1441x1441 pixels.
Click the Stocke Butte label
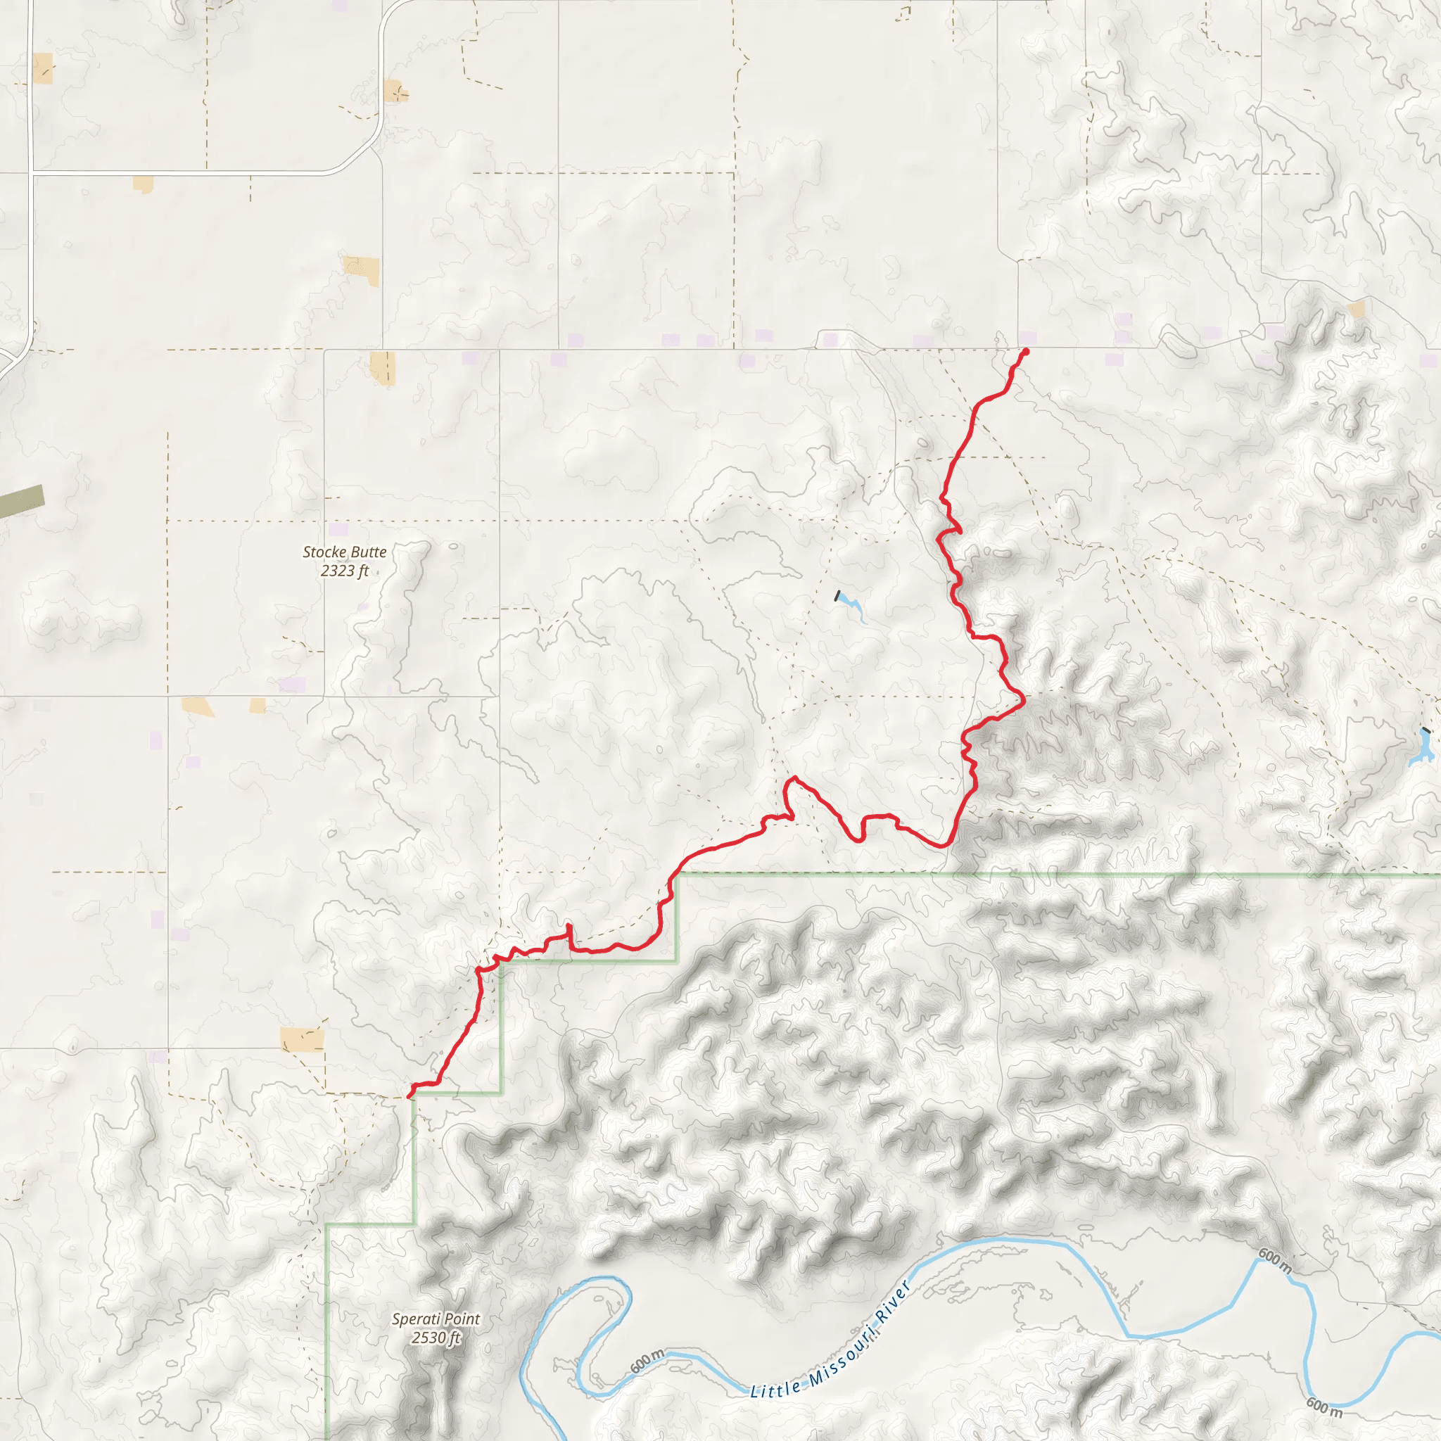[345, 552]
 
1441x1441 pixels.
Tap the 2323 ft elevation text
[345, 571]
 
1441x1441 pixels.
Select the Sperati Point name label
[436, 1319]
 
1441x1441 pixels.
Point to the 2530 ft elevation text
[436, 1338]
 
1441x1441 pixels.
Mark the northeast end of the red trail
[1026, 351]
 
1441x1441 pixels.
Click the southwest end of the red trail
[410, 1095]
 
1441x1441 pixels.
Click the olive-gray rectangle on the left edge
[21, 501]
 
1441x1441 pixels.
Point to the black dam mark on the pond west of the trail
[837, 596]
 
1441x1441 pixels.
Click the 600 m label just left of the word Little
[647, 1361]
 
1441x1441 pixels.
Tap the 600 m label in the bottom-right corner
[1323, 1407]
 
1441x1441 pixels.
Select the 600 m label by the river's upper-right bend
[1276, 1260]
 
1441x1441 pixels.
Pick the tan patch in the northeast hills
[1357, 308]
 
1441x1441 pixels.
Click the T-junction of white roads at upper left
[30, 173]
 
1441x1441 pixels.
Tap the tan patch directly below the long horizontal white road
[142, 184]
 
